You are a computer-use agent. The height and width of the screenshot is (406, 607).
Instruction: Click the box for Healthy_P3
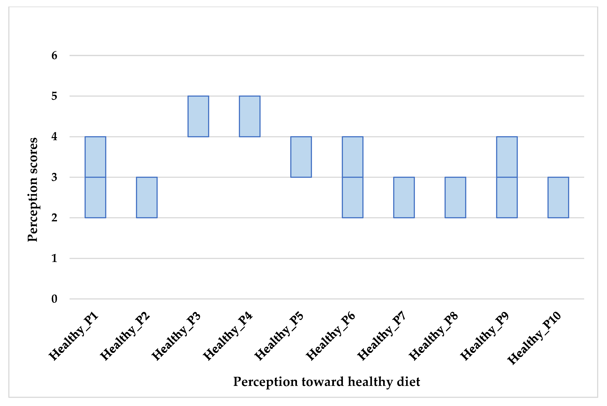click(198, 116)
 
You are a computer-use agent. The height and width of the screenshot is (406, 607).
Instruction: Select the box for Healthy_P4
click(249, 116)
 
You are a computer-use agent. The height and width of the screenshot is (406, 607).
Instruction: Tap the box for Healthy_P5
click(301, 157)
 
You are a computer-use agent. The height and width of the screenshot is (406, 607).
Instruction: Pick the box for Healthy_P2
click(147, 197)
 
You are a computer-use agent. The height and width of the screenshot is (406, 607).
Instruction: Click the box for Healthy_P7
click(404, 197)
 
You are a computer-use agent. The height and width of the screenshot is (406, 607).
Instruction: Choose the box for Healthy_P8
click(455, 197)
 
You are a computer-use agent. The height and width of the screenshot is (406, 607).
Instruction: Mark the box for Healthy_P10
click(558, 197)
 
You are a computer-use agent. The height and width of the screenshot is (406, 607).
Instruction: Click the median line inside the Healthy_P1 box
click(95, 177)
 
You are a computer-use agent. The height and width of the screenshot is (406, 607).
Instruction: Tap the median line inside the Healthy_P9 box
click(507, 177)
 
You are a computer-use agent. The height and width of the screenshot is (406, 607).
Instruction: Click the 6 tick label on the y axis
click(54, 55)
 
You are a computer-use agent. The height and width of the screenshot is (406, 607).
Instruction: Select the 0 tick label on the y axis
click(54, 299)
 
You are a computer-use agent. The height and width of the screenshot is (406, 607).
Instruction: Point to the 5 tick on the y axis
click(54, 96)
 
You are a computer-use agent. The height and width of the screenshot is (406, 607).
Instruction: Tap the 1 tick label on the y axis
click(54, 258)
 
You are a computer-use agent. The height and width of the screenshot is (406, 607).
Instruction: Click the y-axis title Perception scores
click(33, 190)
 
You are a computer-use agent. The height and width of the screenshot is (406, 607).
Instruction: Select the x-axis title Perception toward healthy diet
click(326, 382)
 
